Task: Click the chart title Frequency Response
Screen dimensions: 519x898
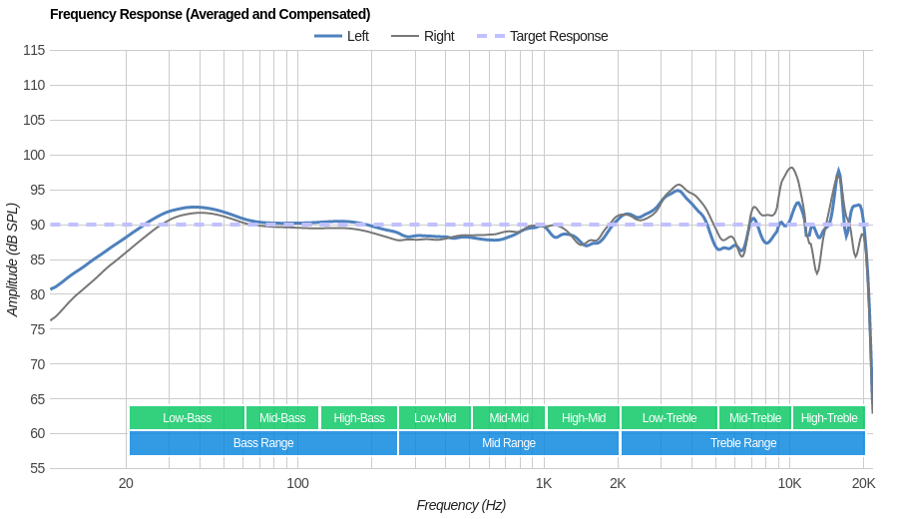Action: tap(210, 14)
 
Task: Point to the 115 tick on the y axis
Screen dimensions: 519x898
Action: tap(34, 50)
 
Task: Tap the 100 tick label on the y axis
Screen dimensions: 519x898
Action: tap(34, 155)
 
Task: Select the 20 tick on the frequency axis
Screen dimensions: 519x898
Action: tap(126, 483)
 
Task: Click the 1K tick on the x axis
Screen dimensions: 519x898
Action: tap(544, 483)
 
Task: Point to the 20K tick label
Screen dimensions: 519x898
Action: tap(863, 483)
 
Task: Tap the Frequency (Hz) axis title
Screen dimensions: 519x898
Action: tap(461, 505)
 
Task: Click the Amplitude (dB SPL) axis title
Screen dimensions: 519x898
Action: tap(13, 259)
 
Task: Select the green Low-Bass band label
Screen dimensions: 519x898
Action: tap(187, 418)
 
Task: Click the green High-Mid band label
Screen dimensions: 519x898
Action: tap(583, 418)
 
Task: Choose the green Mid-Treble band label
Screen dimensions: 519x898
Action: tap(755, 418)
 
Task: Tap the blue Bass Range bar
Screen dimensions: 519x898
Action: tap(263, 443)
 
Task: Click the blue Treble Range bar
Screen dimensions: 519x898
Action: tap(742, 443)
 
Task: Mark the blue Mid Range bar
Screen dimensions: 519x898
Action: tap(509, 443)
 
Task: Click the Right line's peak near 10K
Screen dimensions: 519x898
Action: tap(791, 168)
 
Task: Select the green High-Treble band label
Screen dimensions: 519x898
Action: tap(829, 418)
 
